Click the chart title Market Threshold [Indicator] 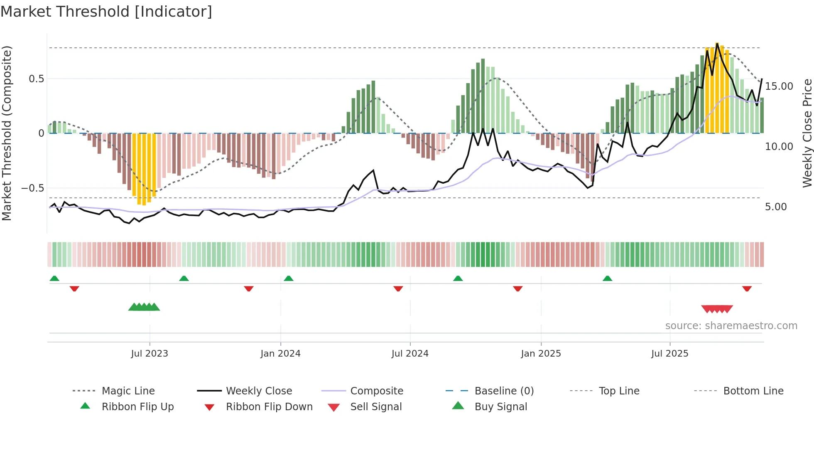coord(106,12)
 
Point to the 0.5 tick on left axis coord(36,79)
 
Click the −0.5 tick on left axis coord(33,188)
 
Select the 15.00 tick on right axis coord(779,86)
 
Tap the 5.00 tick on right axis coord(775,207)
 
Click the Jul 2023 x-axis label coord(150,354)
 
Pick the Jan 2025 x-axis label coord(541,354)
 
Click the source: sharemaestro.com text coord(731,326)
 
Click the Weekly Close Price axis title coord(807,133)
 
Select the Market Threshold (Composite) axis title coord(7,133)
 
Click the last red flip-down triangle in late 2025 coord(747,288)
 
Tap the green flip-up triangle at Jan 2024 coord(289,278)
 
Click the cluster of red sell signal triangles coord(717,309)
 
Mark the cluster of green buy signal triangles coord(144,307)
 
